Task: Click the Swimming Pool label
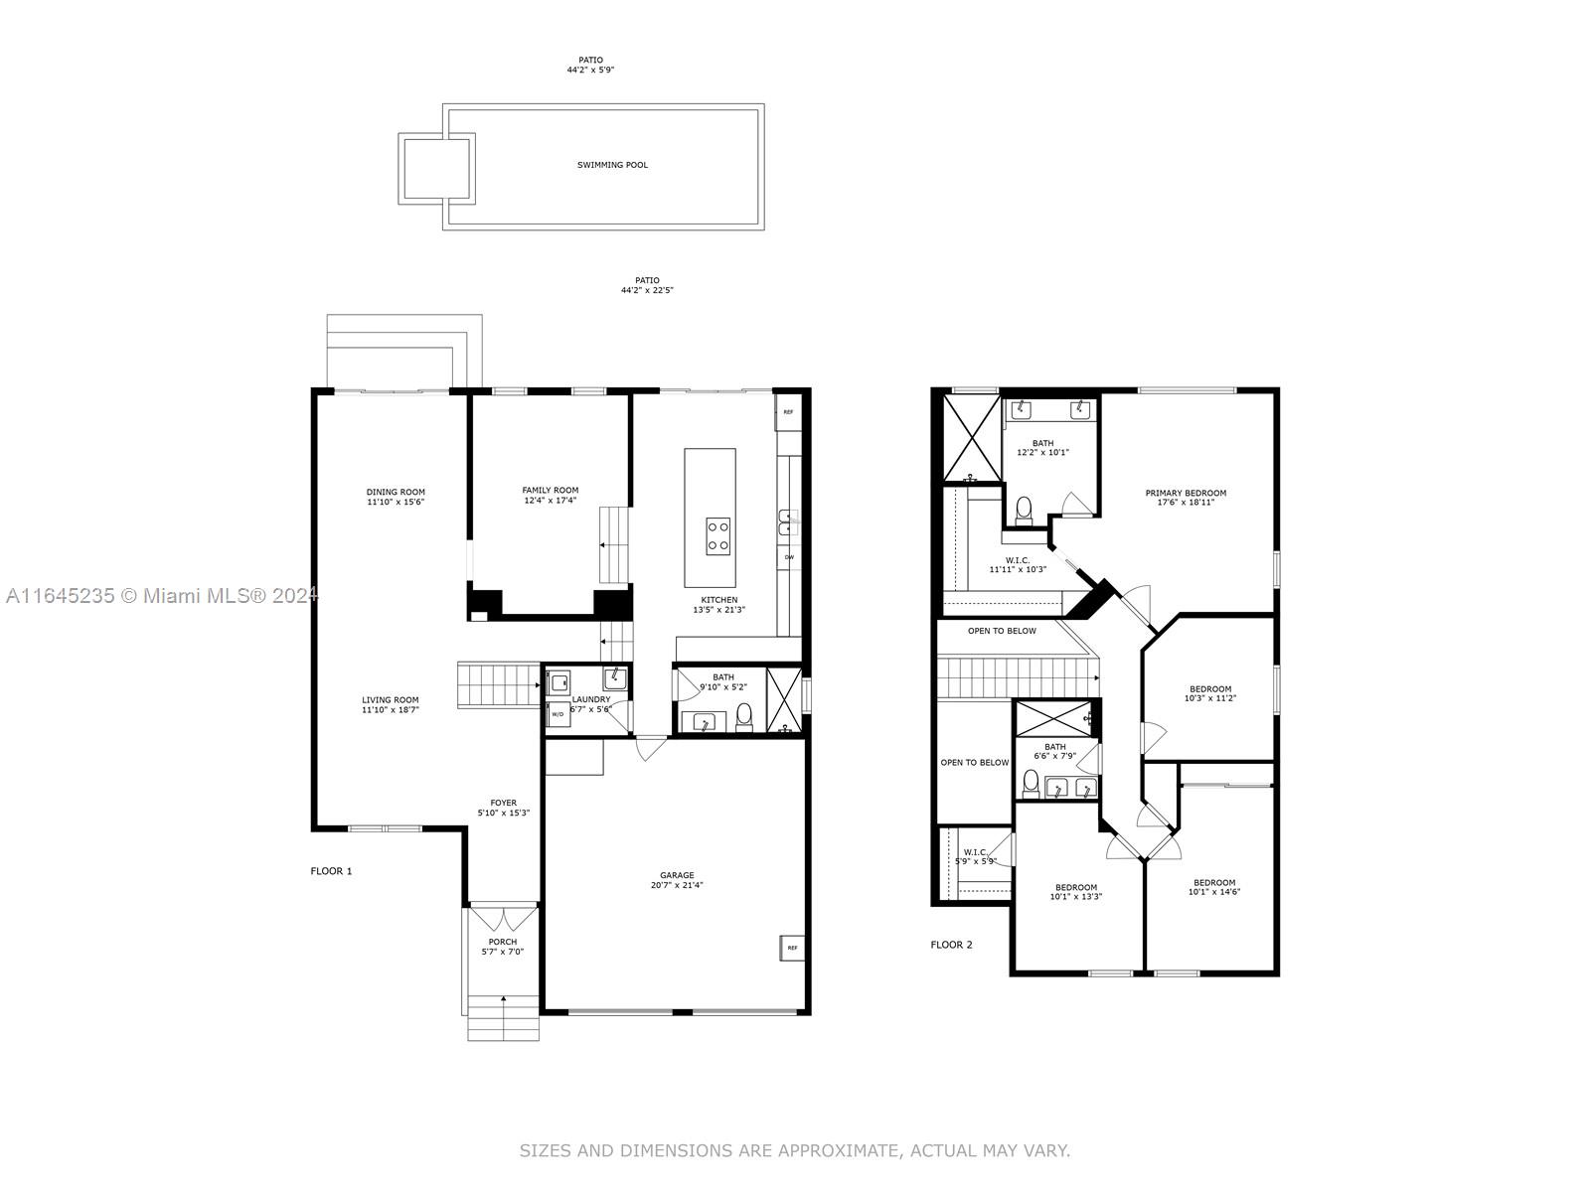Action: tap(612, 165)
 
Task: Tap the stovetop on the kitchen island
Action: tap(717, 536)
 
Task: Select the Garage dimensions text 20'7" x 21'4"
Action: tap(677, 885)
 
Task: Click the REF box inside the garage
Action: tap(792, 948)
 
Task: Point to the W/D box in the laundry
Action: tap(557, 713)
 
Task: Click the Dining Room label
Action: tap(396, 492)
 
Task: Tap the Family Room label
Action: tap(551, 490)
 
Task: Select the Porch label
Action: tap(503, 942)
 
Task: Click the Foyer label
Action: tap(504, 803)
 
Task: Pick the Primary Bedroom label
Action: tap(1186, 493)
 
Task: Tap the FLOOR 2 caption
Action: tap(951, 945)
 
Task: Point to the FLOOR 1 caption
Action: tap(331, 871)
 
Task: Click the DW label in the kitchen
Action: tap(789, 557)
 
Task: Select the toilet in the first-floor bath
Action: tap(744, 716)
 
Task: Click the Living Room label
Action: tap(391, 700)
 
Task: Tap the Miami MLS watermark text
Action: tap(162, 596)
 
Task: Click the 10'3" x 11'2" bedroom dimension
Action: tap(1210, 698)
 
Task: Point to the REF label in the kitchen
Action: tap(788, 412)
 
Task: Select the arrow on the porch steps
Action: tap(504, 1007)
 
